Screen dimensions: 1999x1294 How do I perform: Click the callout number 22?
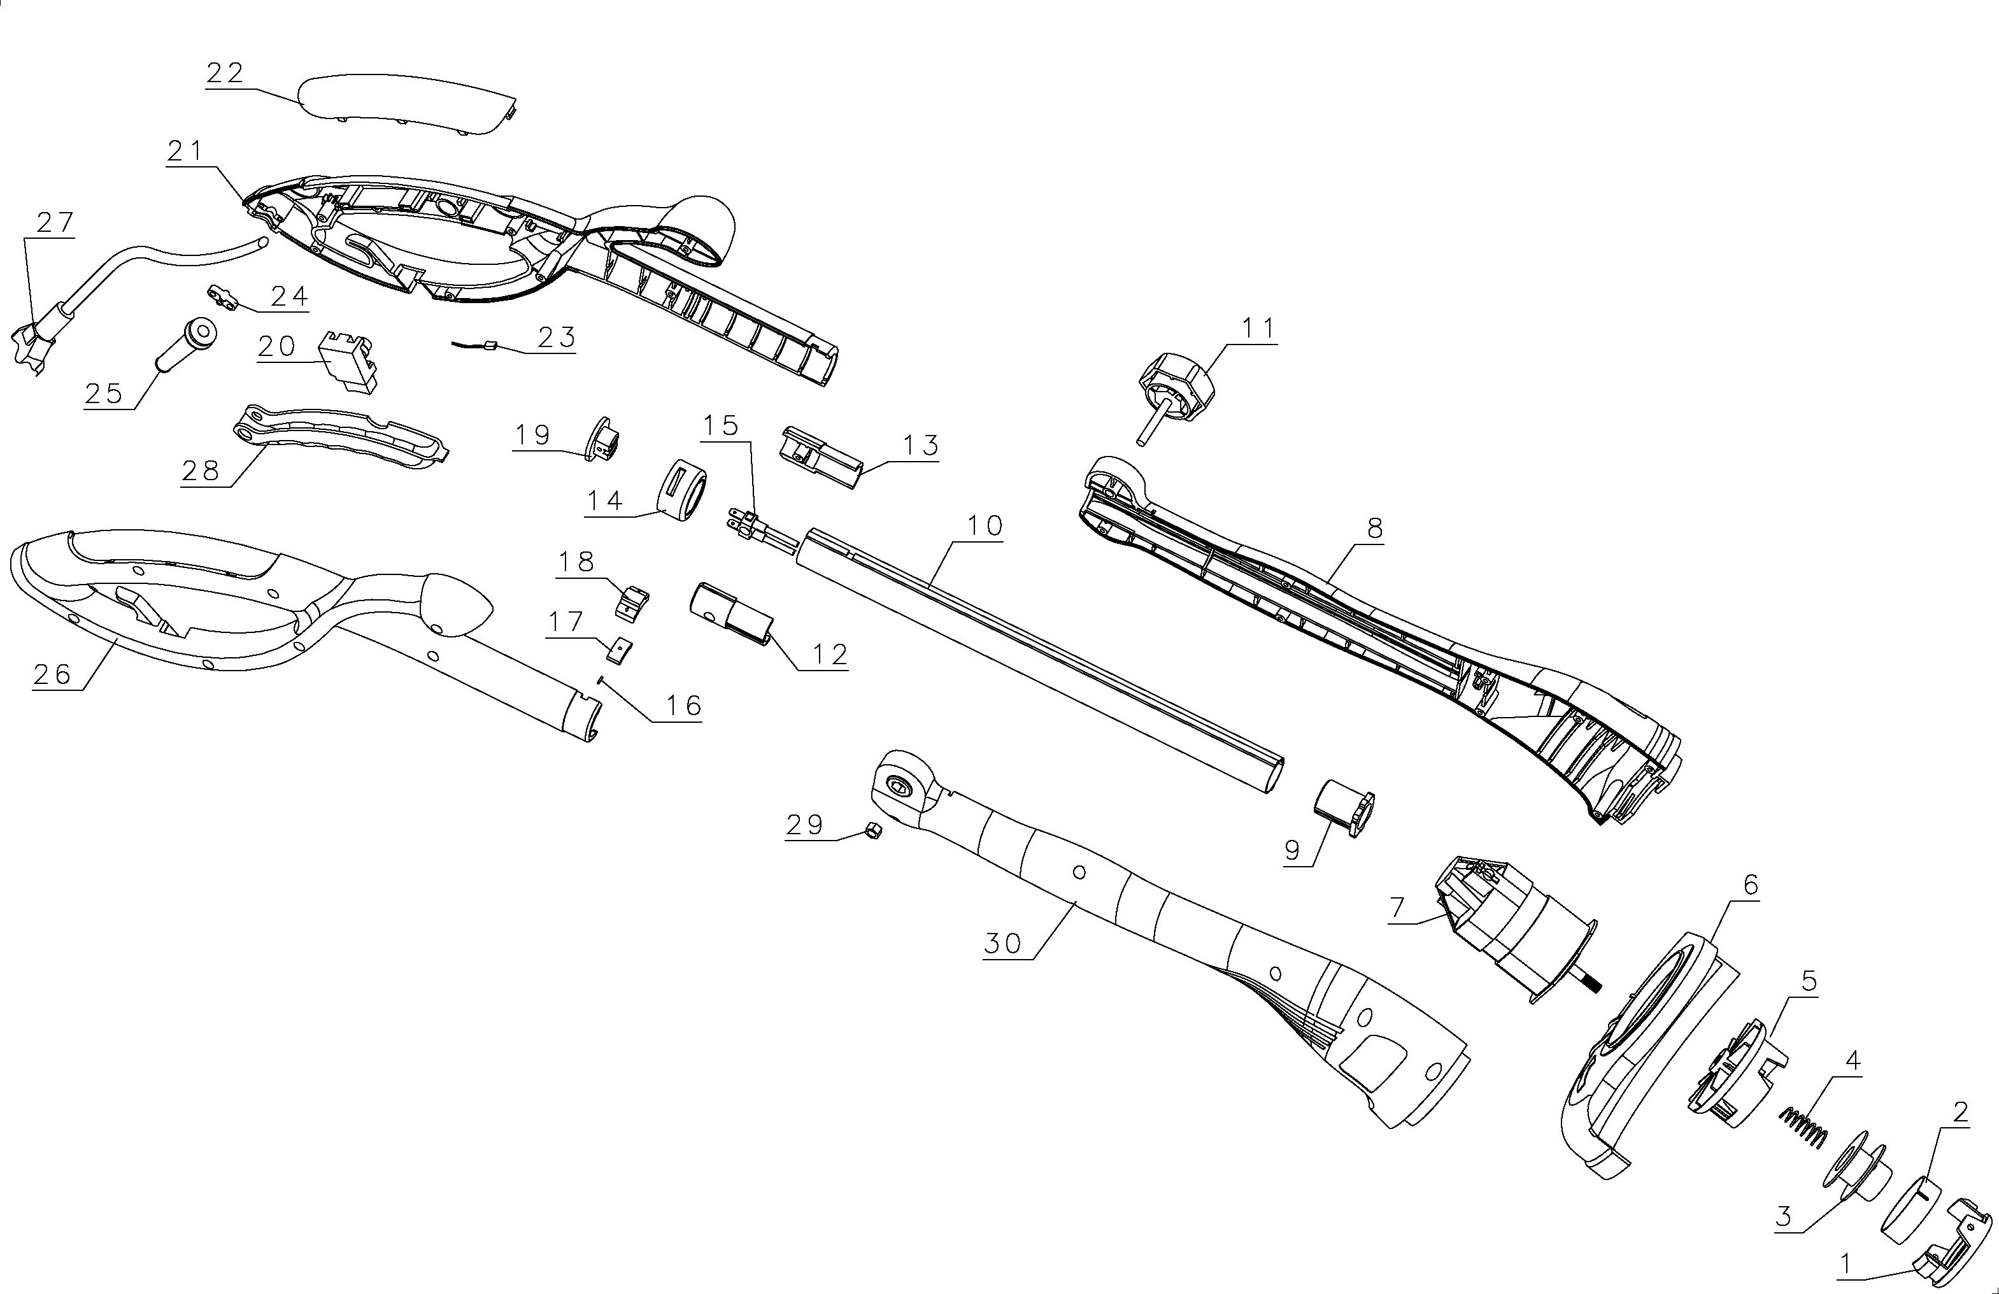pos(224,73)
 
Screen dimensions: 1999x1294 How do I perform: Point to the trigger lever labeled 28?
pos(340,437)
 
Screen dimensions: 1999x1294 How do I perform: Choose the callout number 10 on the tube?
pos(985,525)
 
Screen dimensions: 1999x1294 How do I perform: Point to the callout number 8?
pos(1375,528)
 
